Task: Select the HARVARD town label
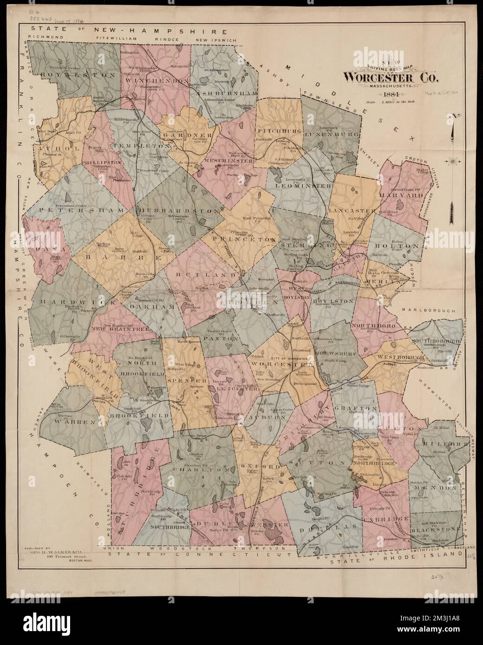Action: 403,195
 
